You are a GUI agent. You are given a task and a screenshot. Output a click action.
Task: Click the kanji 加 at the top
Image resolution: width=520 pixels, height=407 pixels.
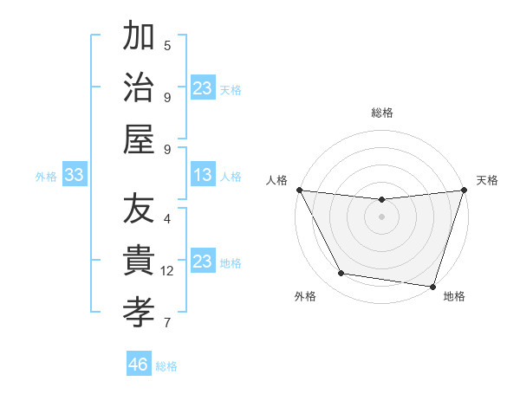[139, 37]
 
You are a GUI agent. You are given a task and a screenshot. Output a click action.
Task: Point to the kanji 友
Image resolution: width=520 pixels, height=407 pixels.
[139, 210]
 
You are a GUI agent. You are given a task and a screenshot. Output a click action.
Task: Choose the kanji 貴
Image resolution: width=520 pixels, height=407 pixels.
[139, 261]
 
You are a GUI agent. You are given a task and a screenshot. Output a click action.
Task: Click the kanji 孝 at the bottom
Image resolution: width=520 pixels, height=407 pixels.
[139, 311]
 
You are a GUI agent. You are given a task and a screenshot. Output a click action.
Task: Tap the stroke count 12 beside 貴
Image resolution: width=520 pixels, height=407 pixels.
[167, 271]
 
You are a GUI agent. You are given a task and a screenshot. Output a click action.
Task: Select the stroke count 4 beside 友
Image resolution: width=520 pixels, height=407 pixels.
[167, 219]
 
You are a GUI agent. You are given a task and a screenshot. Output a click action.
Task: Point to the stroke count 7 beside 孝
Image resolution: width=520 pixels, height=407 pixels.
[167, 323]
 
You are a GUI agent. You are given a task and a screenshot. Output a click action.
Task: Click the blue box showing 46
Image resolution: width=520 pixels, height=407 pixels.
[138, 365]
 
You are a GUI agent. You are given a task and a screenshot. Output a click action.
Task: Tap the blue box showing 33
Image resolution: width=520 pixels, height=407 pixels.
[74, 176]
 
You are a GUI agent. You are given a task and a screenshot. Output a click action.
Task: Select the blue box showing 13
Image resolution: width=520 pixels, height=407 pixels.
[202, 176]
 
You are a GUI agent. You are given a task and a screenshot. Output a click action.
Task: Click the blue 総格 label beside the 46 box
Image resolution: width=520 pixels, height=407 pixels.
[166, 366]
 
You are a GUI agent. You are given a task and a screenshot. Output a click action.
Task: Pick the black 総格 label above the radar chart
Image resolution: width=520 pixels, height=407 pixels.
[381, 113]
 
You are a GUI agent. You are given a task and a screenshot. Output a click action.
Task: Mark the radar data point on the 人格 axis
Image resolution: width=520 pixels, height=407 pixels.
[299, 190]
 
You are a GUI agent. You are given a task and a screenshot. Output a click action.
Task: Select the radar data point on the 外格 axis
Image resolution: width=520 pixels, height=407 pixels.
[341, 274]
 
